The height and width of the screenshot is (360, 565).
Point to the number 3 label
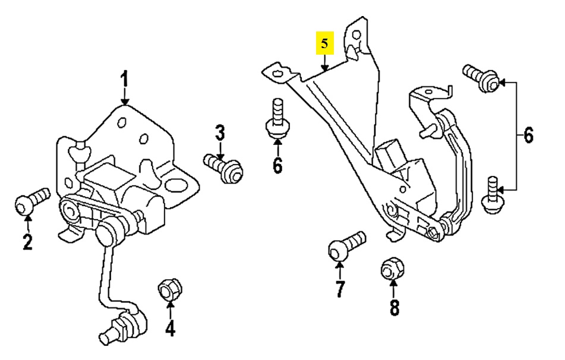point(220,132)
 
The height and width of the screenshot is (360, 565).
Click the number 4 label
point(170,327)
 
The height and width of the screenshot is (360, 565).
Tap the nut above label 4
point(168,291)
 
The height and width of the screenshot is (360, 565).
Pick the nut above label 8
point(392,269)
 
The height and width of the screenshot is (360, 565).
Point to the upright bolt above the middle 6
point(276,121)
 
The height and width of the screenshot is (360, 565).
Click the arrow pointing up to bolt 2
point(27,222)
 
